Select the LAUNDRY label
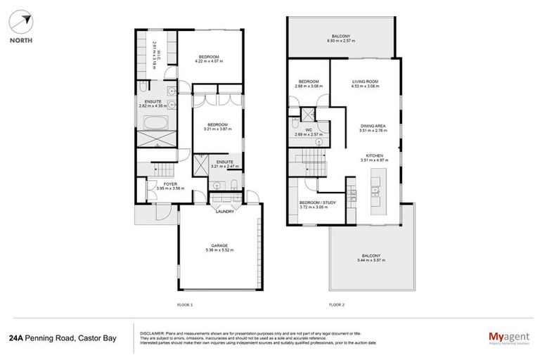(225, 212)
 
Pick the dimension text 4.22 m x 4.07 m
(209, 61)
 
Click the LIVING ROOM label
(365, 82)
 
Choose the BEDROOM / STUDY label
(308, 202)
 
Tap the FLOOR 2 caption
(337, 305)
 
